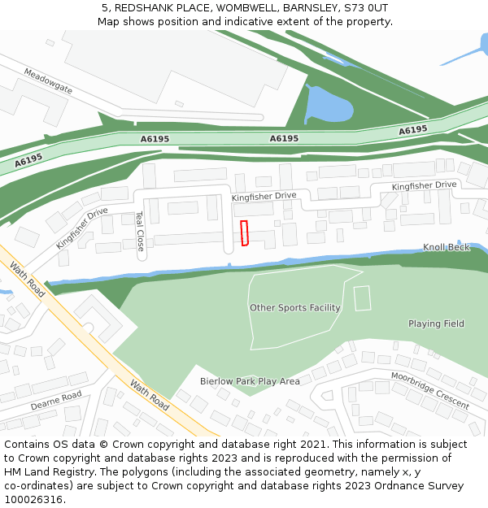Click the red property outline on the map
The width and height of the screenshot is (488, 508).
coord(244,232)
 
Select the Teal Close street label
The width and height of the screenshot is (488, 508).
coord(140,231)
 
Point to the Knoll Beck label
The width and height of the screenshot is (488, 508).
coord(446,247)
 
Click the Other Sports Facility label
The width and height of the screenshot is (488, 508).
coord(294,308)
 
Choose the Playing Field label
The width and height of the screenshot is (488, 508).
coord(436,323)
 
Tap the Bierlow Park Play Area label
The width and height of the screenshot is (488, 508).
coord(250,381)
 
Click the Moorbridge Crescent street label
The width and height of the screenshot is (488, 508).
coord(429,391)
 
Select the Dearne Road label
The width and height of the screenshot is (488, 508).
coord(56,400)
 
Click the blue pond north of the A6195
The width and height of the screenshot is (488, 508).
coord(327,106)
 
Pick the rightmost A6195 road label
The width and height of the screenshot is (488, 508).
coord(413,130)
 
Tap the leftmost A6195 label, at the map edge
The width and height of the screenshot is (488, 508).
coord(28,161)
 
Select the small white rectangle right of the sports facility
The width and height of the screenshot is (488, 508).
coord(363,298)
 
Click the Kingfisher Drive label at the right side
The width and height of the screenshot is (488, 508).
coord(423,186)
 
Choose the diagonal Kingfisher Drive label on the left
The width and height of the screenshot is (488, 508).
coord(82,228)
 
